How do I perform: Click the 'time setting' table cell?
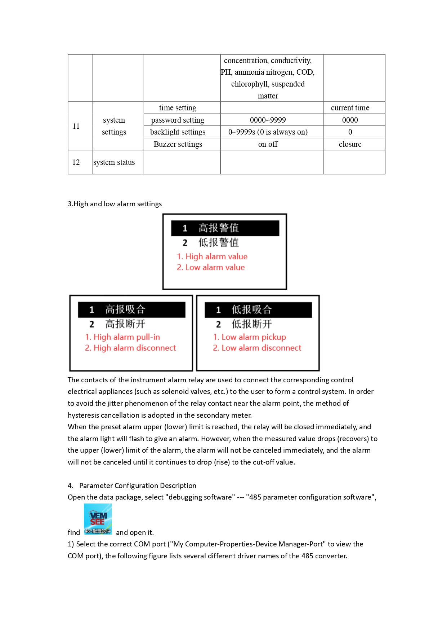coord(178,108)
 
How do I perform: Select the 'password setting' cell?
coord(178,120)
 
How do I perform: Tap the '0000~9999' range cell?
coord(268,120)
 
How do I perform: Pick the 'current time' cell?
coord(350,108)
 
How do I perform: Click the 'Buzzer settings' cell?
coord(178,144)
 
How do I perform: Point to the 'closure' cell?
coord(350,144)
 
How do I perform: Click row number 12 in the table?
coord(76,162)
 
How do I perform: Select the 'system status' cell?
coord(114,162)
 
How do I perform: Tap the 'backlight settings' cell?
coord(178,132)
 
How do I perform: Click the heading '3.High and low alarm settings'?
coord(115,204)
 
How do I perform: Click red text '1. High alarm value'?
coord(212,256)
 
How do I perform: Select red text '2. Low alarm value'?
coord(211,267)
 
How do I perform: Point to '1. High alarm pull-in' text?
coord(122,337)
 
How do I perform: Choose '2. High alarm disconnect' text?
coord(130,348)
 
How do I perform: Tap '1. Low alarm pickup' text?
coord(250,337)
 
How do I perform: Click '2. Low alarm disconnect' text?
coord(257,348)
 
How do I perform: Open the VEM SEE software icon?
coord(98,519)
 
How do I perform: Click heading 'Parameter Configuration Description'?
coord(138,485)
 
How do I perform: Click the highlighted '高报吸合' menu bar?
coord(131,309)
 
